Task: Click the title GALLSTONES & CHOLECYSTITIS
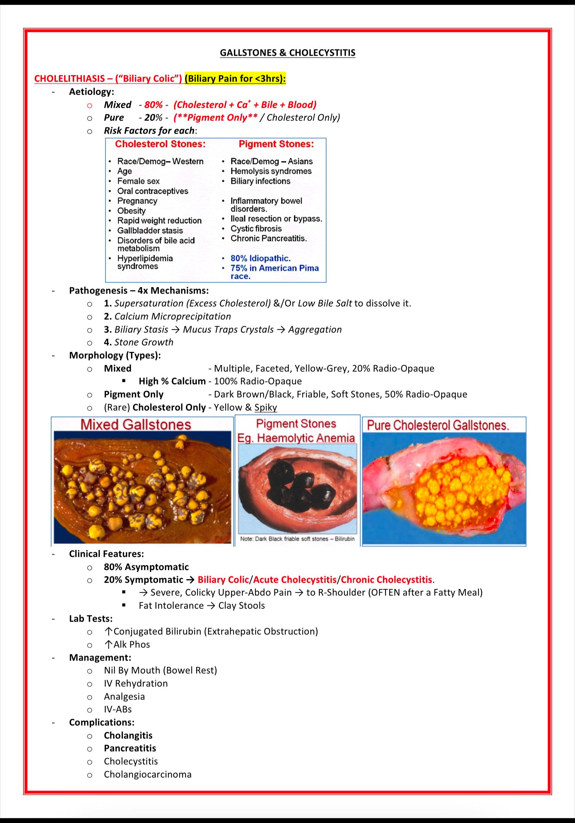287,53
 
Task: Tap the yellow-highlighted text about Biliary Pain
235,79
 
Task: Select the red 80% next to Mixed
153,105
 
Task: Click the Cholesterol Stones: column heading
160,144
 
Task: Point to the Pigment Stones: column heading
276,144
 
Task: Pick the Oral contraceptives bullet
152,191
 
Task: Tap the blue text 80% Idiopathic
260,258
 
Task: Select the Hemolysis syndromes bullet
271,171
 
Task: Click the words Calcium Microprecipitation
172,316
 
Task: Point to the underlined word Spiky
266,407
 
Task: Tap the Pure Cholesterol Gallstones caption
438,426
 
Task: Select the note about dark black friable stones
297,539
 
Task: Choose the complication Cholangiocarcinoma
148,774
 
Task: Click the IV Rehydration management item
135,683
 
